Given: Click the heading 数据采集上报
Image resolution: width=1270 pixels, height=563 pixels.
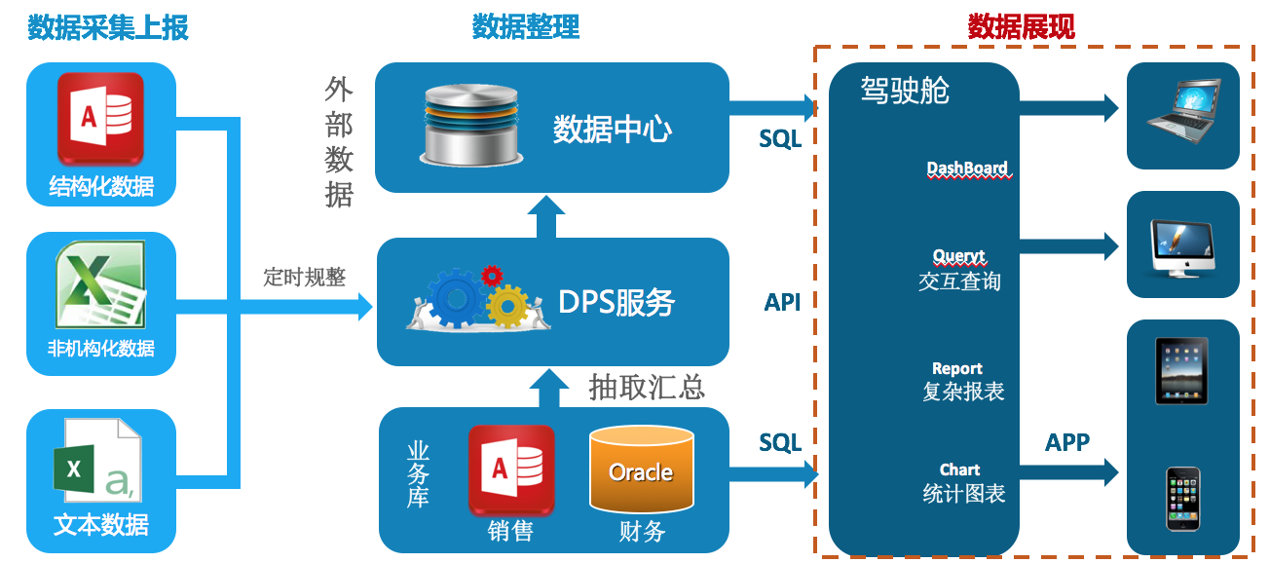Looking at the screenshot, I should [x=108, y=27].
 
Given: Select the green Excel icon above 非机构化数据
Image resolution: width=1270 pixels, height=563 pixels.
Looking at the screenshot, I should [x=100, y=284].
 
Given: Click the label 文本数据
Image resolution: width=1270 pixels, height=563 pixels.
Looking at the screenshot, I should [x=101, y=525].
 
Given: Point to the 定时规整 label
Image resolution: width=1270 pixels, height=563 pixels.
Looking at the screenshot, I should [x=304, y=278].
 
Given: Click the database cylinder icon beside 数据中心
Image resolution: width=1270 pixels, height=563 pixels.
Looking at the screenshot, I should [x=470, y=123].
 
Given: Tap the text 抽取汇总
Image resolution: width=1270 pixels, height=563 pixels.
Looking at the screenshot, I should [x=647, y=387].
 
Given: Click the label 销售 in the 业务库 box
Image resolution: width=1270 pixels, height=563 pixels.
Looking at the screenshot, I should [x=510, y=531].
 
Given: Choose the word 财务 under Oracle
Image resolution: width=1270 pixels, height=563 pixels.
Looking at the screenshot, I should [x=642, y=531].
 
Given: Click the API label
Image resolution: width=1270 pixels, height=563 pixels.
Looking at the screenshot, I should [x=782, y=303].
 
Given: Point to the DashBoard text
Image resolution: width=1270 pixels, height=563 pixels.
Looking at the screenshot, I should [x=967, y=169].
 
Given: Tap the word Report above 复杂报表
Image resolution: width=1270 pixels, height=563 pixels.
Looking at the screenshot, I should [x=957, y=369].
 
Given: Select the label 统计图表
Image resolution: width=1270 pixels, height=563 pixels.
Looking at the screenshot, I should [x=963, y=494].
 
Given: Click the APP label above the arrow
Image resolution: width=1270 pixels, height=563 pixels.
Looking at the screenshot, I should [x=1067, y=443].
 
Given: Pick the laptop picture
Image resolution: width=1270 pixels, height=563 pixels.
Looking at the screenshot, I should [x=1182, y=109].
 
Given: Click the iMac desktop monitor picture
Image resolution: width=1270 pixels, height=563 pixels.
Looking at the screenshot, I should [x=1182, y=244].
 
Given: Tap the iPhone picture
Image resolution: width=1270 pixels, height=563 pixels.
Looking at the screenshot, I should [x=1182, y=499].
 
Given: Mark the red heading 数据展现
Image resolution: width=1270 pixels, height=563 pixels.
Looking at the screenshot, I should [x=1021, y=27].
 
